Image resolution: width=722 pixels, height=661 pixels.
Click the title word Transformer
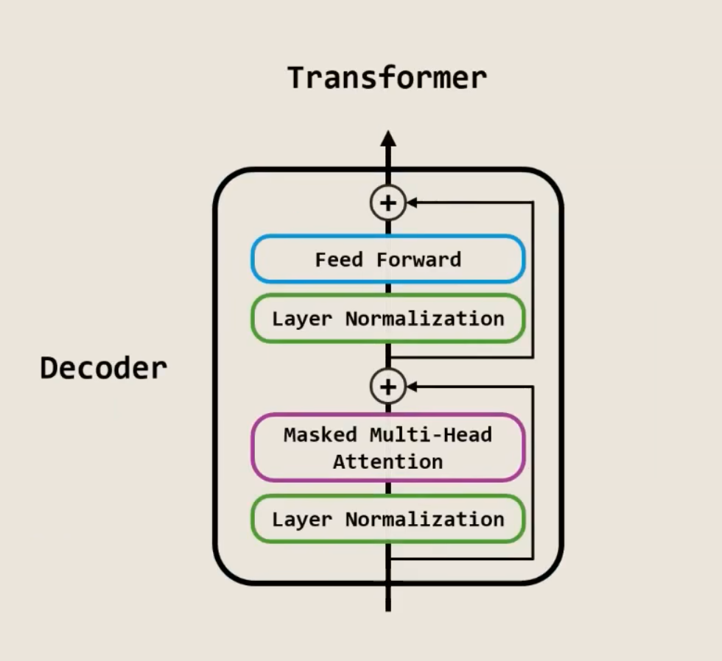point(387,78)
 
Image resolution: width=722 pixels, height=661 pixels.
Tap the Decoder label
point(103,368)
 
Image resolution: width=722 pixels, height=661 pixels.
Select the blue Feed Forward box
point(388,259)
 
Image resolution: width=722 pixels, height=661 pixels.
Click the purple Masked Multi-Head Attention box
point(388,448)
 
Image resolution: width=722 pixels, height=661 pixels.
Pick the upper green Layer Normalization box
point(388,319)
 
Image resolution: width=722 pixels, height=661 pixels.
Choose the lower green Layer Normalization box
point(388,519)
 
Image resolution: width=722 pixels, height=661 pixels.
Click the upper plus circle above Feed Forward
point(388,202)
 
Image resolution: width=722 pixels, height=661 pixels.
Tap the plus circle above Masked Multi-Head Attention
point(388,386)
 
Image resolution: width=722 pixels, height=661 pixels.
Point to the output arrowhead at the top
point(388,138)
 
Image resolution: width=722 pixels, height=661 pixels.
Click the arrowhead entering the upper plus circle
point(412,202)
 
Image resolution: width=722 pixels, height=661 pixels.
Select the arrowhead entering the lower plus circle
point(412,386)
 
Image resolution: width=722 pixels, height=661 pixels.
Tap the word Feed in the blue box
point(340,259)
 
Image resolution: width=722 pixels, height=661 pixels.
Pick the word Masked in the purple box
point(320,434)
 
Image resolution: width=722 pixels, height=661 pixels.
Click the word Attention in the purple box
point(388,462)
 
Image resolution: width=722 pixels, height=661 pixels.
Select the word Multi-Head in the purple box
point(430,434)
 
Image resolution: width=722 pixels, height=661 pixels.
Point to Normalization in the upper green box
point(424,319)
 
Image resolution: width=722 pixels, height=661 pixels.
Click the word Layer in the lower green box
point(302,519)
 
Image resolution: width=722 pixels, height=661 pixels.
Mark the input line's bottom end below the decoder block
point(388,608)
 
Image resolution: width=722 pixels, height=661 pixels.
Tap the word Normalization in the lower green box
point(424,519)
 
